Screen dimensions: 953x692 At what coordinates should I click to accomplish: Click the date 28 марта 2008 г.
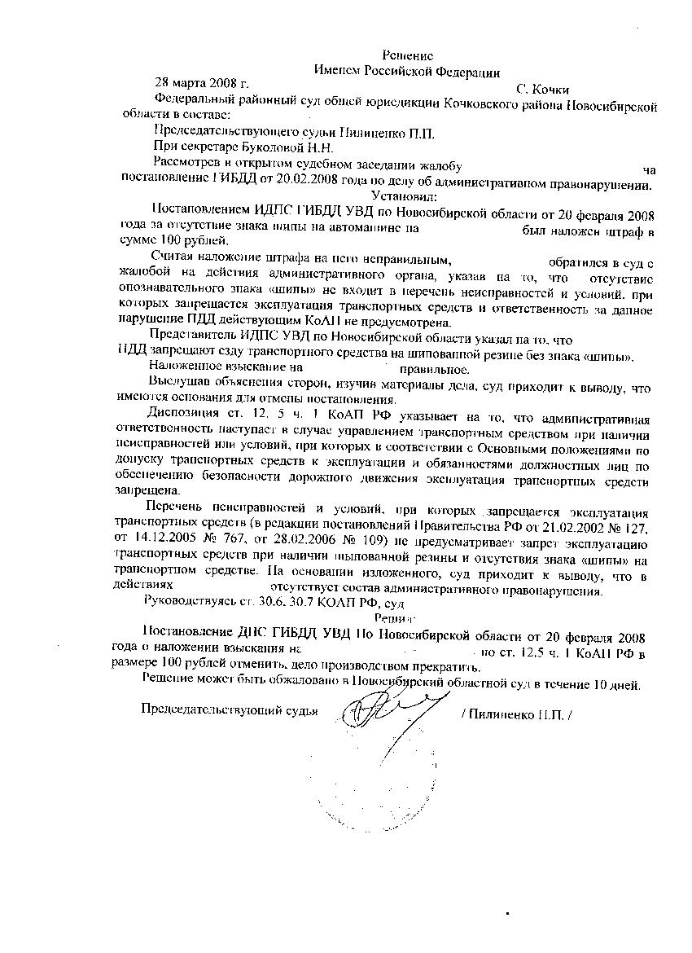[201, 83]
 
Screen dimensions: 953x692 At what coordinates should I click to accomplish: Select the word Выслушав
[179, 383]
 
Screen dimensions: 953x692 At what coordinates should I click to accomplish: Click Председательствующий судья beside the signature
[229, 709]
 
